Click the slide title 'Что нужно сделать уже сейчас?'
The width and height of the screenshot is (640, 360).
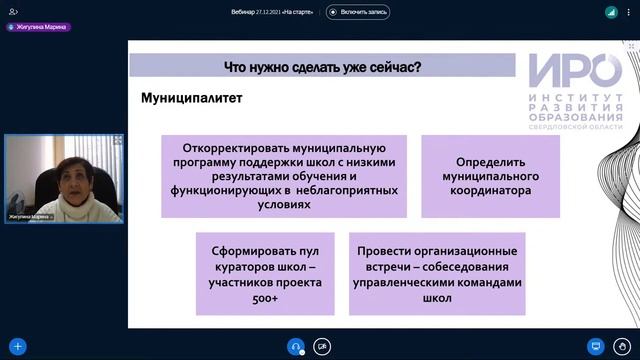click(x=322, y=67)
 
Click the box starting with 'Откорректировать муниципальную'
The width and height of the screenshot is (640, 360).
click(x=284, y=176)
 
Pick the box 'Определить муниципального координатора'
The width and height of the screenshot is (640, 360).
click(x=490, y=176)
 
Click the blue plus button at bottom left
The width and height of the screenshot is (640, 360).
click(x=17, y=346)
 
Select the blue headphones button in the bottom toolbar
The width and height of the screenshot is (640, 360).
click(x=295, y=346)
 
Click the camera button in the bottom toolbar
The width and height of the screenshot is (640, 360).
click(x=322, y=346)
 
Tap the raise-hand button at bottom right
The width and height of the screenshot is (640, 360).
click(x=623, y=346)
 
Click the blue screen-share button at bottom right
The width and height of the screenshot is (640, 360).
click(x=596, y=346)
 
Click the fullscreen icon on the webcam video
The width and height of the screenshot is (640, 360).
click(x=118, y=140)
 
